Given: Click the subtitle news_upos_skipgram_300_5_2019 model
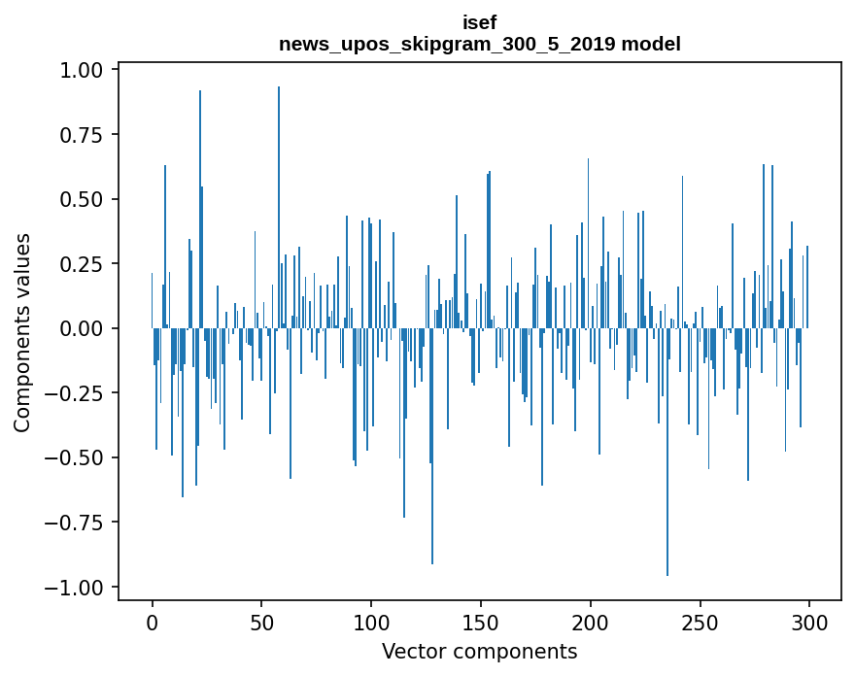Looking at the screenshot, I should [x=479, y=44].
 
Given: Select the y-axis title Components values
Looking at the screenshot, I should [x=21, y=332].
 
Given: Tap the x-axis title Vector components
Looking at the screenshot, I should [x=479, y=651].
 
